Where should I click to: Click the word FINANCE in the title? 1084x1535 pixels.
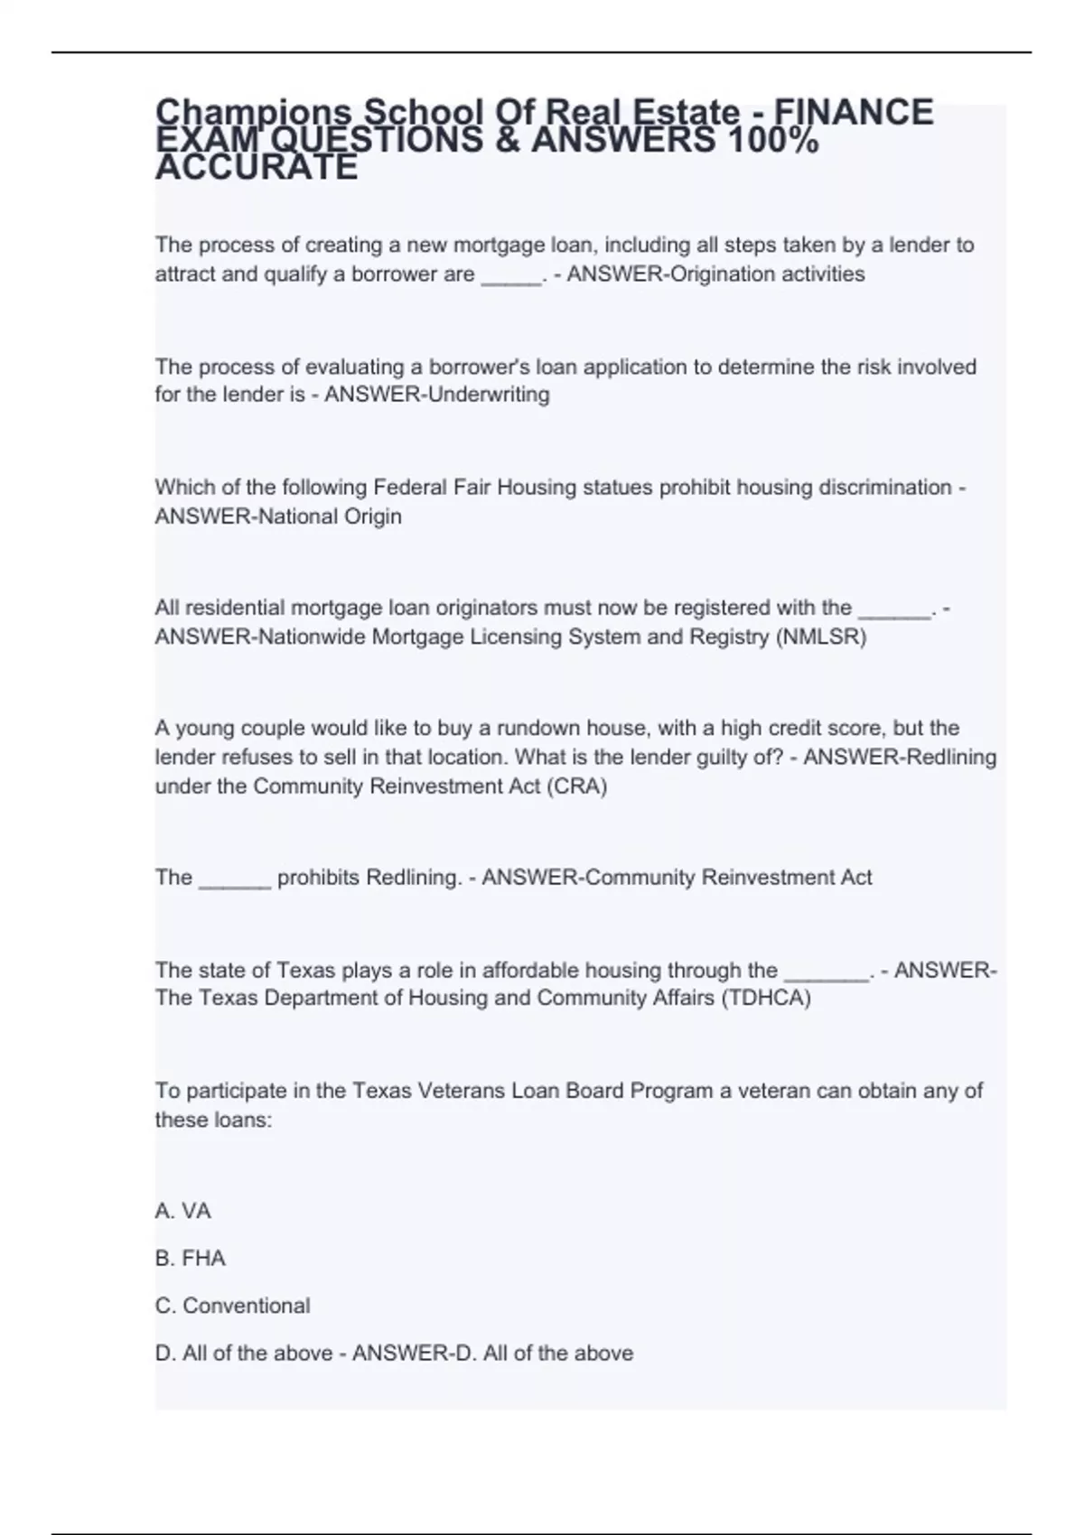[x=855, y=113]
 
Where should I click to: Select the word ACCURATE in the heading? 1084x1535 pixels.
[x=257, y=168]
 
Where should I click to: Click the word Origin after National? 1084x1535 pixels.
[x=372, y=516]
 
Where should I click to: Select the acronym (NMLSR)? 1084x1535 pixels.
[x=820, y=637]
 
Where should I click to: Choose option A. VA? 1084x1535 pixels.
[x=183, y=1211]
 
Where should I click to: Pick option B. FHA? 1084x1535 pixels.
[x=191, y=1259]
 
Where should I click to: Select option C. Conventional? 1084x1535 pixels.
[x=233, y=1306]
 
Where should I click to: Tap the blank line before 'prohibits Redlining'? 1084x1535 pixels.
[x=234, y=879]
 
